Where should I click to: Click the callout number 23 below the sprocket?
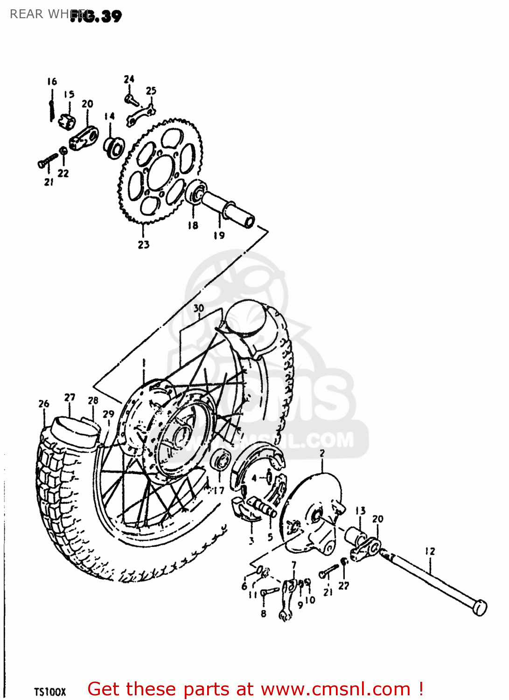(143, 244)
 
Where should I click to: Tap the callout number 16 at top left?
(52, 82)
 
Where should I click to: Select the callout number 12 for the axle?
(430, 551)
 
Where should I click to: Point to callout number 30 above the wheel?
(199, 308)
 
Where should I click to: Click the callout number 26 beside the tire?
(44, 404)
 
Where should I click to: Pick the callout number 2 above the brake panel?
(322, 453)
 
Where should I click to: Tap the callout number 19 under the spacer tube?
(219, 236)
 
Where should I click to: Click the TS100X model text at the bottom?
(50, 692)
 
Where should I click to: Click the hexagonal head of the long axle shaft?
(479, 608)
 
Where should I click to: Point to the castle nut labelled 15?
(67, 122)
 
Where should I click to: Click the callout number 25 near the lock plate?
(151, 91)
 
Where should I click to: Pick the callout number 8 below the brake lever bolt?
(264, 614)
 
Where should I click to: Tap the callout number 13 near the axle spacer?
(361, 511)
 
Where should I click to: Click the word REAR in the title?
(26, 14)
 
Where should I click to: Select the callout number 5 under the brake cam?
(270, 537)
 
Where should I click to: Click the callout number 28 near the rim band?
(93, 400)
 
